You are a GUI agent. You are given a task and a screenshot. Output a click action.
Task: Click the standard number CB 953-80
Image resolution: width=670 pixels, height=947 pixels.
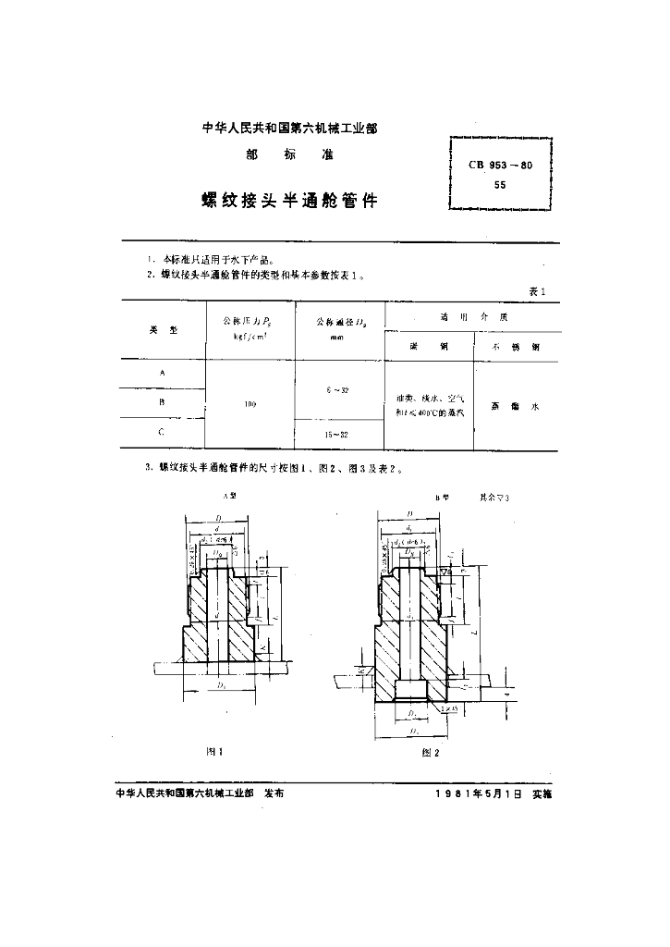pos(500,166)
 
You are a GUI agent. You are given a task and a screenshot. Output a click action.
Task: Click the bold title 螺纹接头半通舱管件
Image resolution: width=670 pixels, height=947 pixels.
pos(289,200)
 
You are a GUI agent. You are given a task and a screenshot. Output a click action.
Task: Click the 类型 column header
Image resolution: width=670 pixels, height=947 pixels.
pos(163,330)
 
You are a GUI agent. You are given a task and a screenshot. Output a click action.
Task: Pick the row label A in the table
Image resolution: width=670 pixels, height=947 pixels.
pos(164,372)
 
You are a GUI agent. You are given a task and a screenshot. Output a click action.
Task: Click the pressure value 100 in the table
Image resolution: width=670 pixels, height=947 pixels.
pos(251,403)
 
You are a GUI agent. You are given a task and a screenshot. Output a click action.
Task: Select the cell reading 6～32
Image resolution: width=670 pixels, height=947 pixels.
pos(336,390)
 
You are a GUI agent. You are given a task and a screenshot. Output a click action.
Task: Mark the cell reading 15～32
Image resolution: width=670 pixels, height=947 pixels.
pos(336,435)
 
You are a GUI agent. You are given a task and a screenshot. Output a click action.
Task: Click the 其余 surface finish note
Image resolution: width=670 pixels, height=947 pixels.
pos(493,497)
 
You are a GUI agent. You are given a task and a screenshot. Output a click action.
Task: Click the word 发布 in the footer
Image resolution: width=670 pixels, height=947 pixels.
pos(274,793)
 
